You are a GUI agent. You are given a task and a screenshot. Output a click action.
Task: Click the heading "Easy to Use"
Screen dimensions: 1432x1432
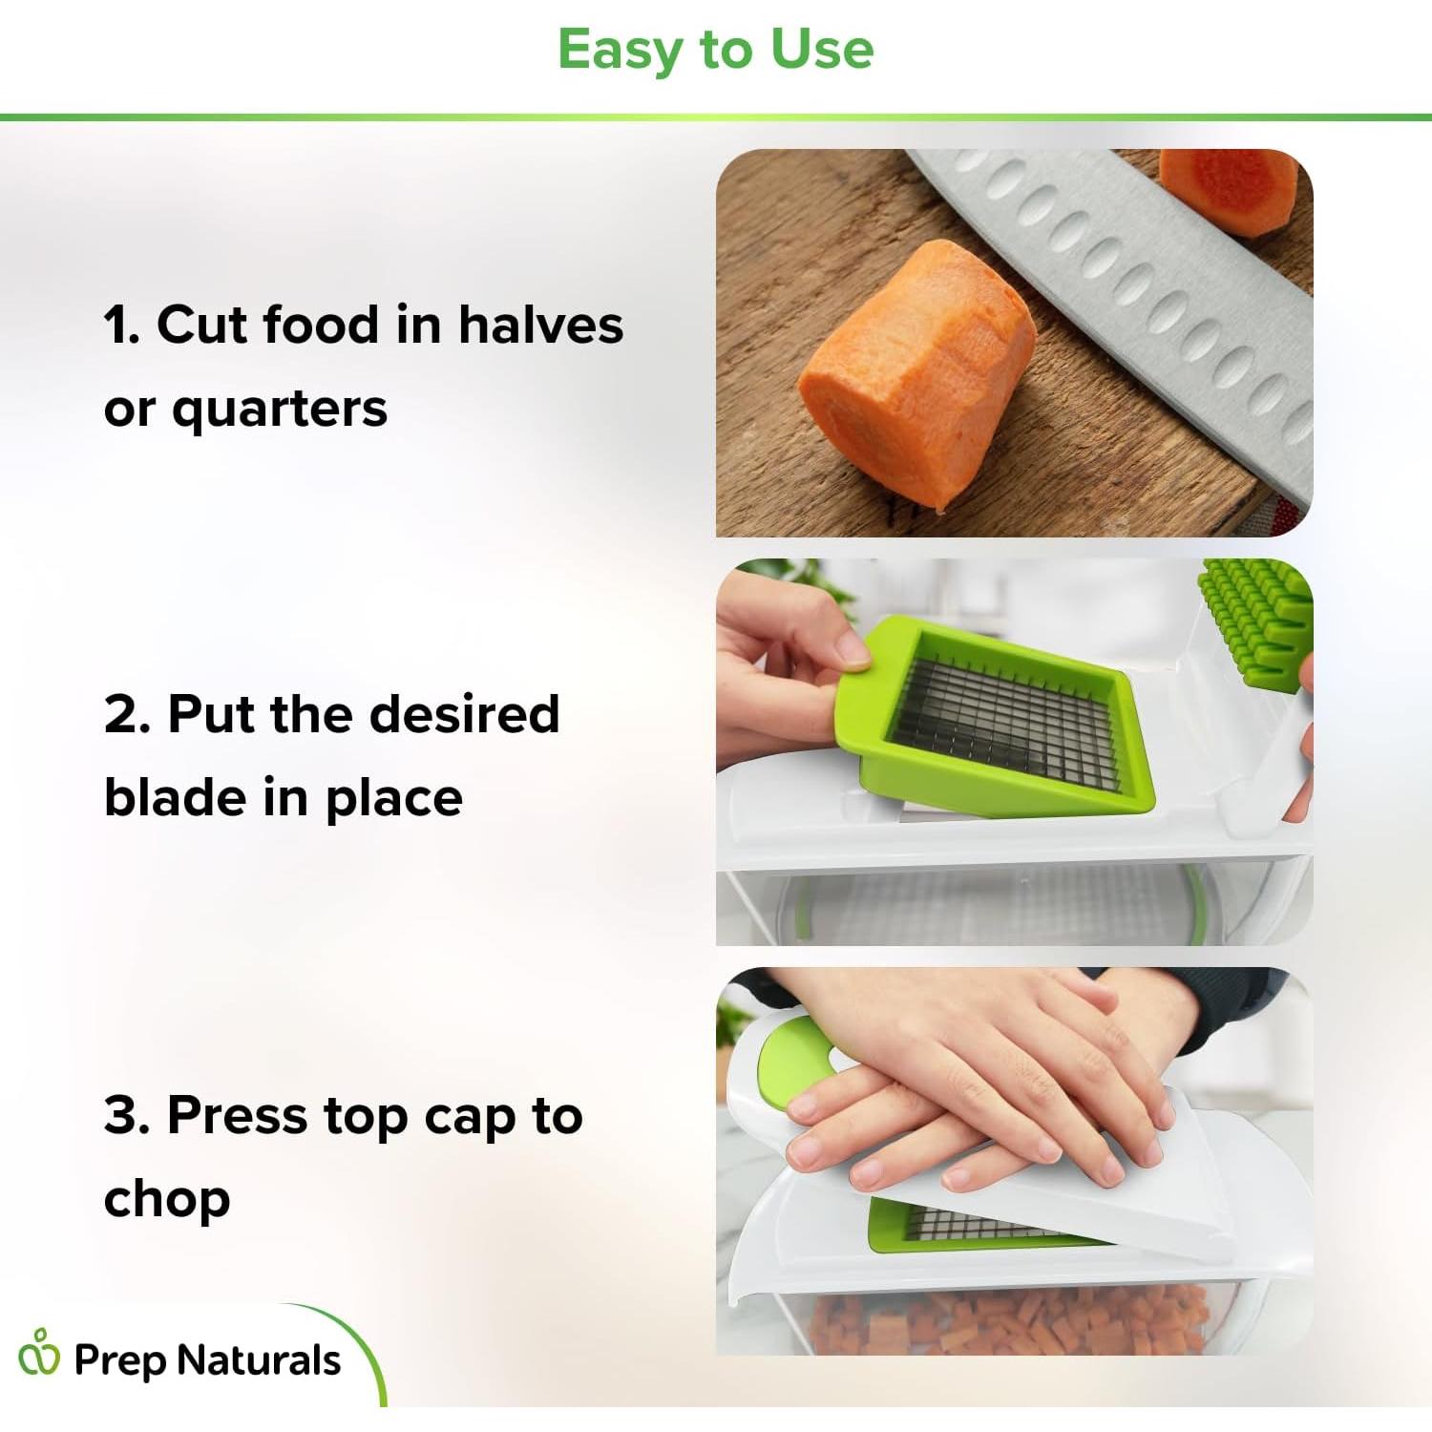(715, 50)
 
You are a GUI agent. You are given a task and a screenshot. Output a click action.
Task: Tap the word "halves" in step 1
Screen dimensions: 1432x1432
(540, 325)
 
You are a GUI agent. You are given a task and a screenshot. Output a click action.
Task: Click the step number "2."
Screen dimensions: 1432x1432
(127, 714)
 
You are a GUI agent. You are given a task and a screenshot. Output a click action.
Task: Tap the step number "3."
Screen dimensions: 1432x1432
(127, 1115)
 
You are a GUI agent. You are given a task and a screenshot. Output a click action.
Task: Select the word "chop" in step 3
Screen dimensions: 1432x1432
(167, 1200)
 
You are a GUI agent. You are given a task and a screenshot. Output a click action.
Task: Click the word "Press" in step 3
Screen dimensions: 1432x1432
(238, 1115)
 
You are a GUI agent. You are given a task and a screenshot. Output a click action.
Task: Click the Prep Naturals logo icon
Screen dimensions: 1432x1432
(39, 1353)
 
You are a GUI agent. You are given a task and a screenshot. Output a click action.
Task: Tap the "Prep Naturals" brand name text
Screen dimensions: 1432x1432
(206, 1360)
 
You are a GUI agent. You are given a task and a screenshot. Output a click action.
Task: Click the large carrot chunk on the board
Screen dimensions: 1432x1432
(916, 372)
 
